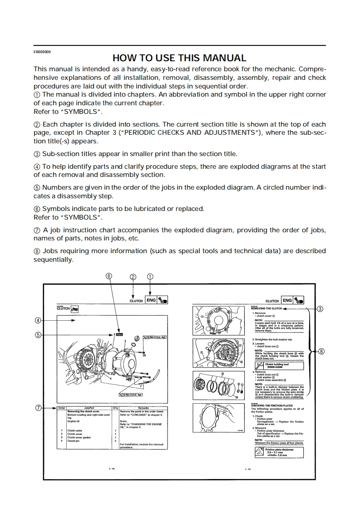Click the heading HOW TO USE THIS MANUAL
(179, 58)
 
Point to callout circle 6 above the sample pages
(109, 276)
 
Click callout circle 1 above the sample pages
(150, 276)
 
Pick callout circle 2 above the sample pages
(133, 276)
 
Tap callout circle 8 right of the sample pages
(321, 351)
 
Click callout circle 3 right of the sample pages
(320, 309)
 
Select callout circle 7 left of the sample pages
(38, 408)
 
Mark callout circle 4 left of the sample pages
(38, 320)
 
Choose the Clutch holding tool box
(278, 365)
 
